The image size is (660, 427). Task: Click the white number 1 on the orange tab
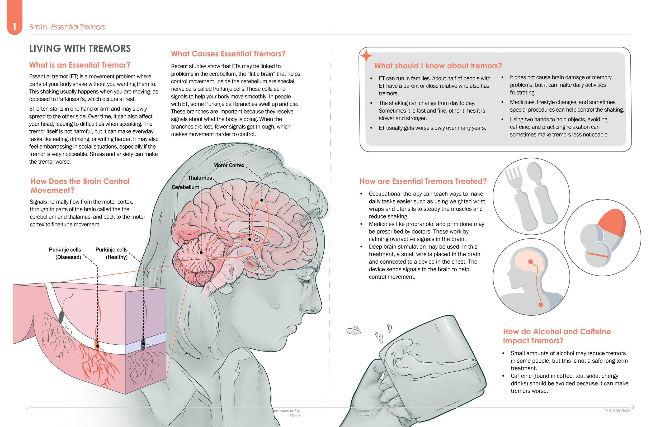15,27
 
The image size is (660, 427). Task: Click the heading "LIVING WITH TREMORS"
80,49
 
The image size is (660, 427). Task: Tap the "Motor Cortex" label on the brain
229,165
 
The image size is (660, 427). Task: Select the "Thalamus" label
200,178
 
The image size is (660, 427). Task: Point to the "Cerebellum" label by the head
185,187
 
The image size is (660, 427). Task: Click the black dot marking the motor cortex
262,200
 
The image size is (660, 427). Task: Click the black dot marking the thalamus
249,239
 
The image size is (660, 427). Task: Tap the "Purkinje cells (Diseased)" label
65,253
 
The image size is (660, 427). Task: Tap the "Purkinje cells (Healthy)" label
111,253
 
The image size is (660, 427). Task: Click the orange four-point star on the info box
366,56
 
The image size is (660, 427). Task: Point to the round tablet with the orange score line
598,254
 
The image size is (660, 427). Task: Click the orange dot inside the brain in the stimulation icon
530,262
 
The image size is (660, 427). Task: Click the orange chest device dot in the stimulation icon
540,305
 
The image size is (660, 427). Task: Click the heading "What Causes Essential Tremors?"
228,54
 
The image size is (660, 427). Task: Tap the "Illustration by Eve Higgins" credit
287,413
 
